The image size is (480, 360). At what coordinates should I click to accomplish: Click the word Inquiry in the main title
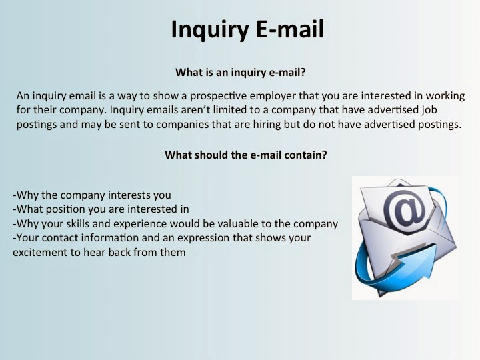pos(208,29)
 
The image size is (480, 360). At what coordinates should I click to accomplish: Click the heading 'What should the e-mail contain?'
pos(245,155)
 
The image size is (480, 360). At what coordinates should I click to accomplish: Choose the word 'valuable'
pos(233,223)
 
